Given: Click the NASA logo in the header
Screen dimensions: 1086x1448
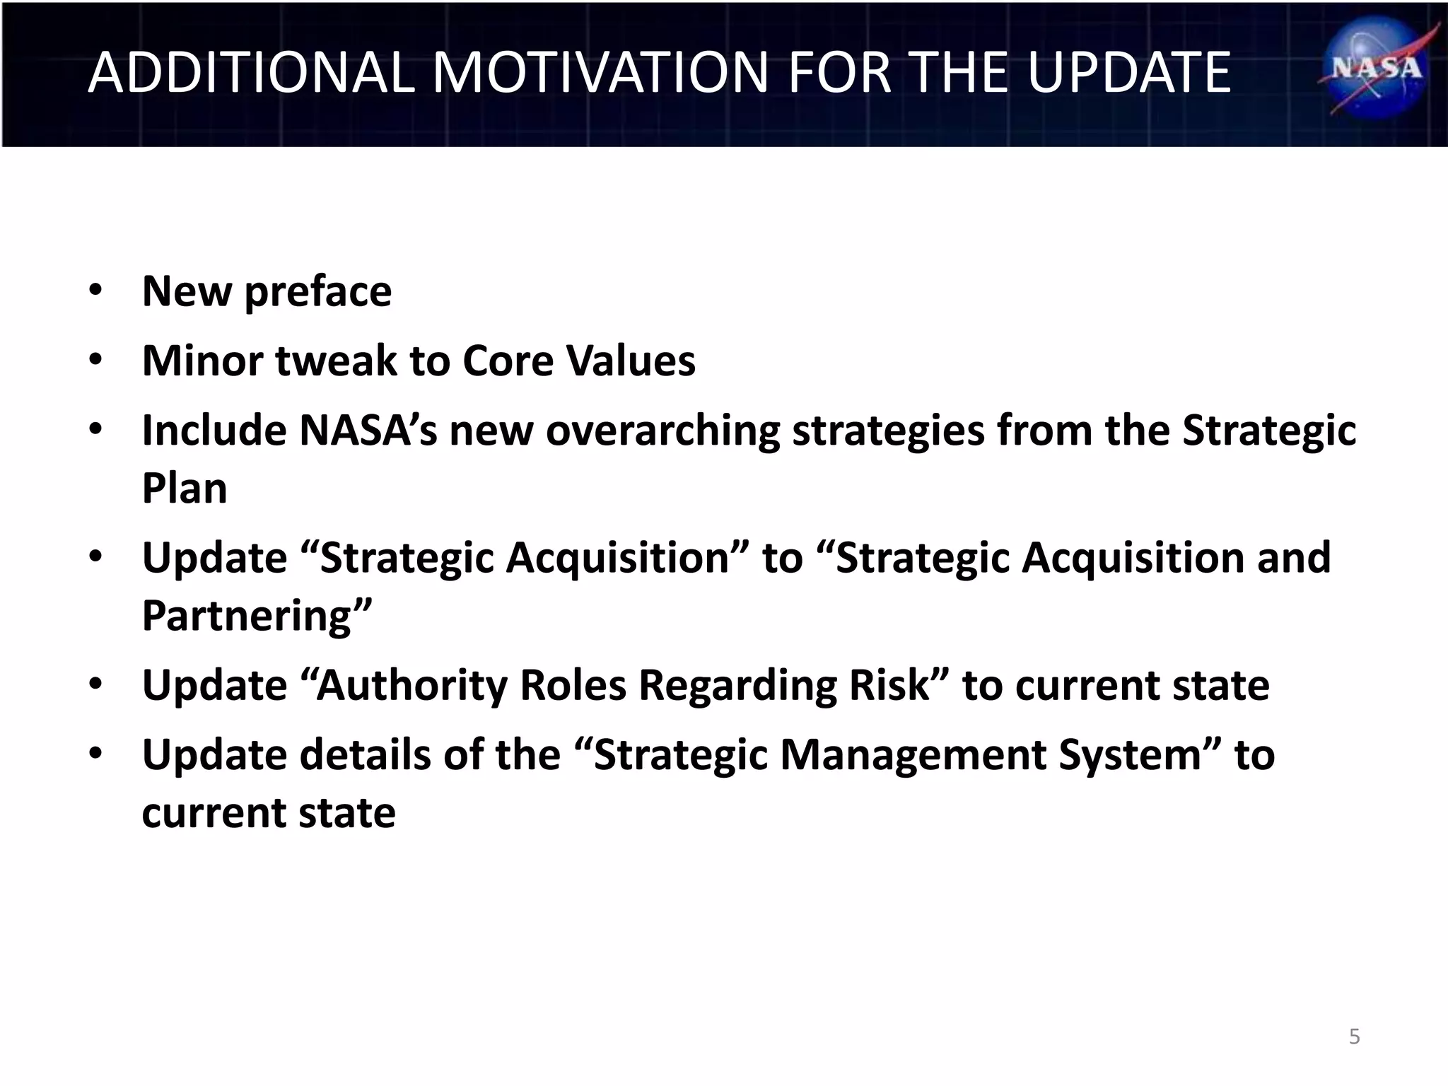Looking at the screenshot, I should pyautogui.click(x=1375, y=69).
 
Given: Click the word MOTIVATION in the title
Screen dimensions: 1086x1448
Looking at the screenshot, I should pyautogui.click(x=600, y=72).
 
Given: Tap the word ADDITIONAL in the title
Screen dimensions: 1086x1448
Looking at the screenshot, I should pyautogui.click(x=251, y=72).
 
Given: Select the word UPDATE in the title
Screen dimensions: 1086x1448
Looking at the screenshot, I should pyautogui.click(x=1128, y=72).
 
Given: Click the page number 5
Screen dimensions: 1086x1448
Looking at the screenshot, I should pyautogui.click(x=1354, y=1037).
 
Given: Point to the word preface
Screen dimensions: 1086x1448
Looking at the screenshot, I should pyautogui.click(x=317, y=292).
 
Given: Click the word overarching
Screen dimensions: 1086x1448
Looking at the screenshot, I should pyautogui.click(x=662, y=430).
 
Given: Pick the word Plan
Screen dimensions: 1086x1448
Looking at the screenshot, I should pyautogui.click(x=185, y=488).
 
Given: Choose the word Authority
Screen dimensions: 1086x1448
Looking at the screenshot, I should pyautogui.click(x=411, y=685).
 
